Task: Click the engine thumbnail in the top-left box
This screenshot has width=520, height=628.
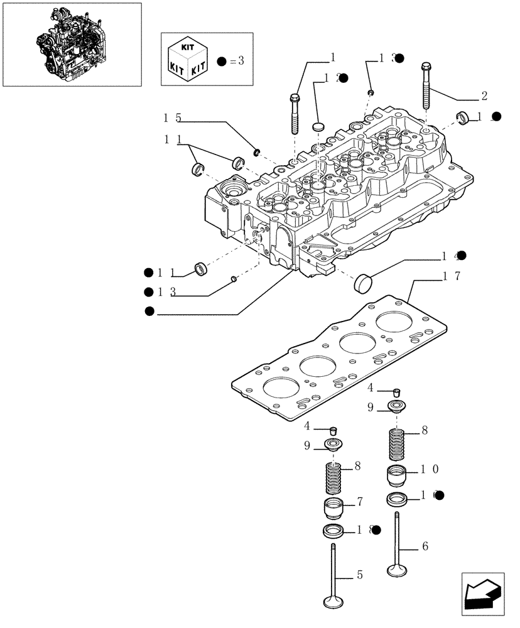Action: (72, 43)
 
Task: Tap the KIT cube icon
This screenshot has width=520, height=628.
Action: (187, 59)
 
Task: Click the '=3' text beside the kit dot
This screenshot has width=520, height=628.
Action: (236, 61)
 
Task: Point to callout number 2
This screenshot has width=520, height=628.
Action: (484, 96)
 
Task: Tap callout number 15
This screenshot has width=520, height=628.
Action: (172, 117)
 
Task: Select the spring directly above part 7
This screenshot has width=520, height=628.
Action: (333, 479)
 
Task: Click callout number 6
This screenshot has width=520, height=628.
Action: (425, 546)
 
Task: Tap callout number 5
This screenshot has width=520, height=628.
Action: (359, 574)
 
